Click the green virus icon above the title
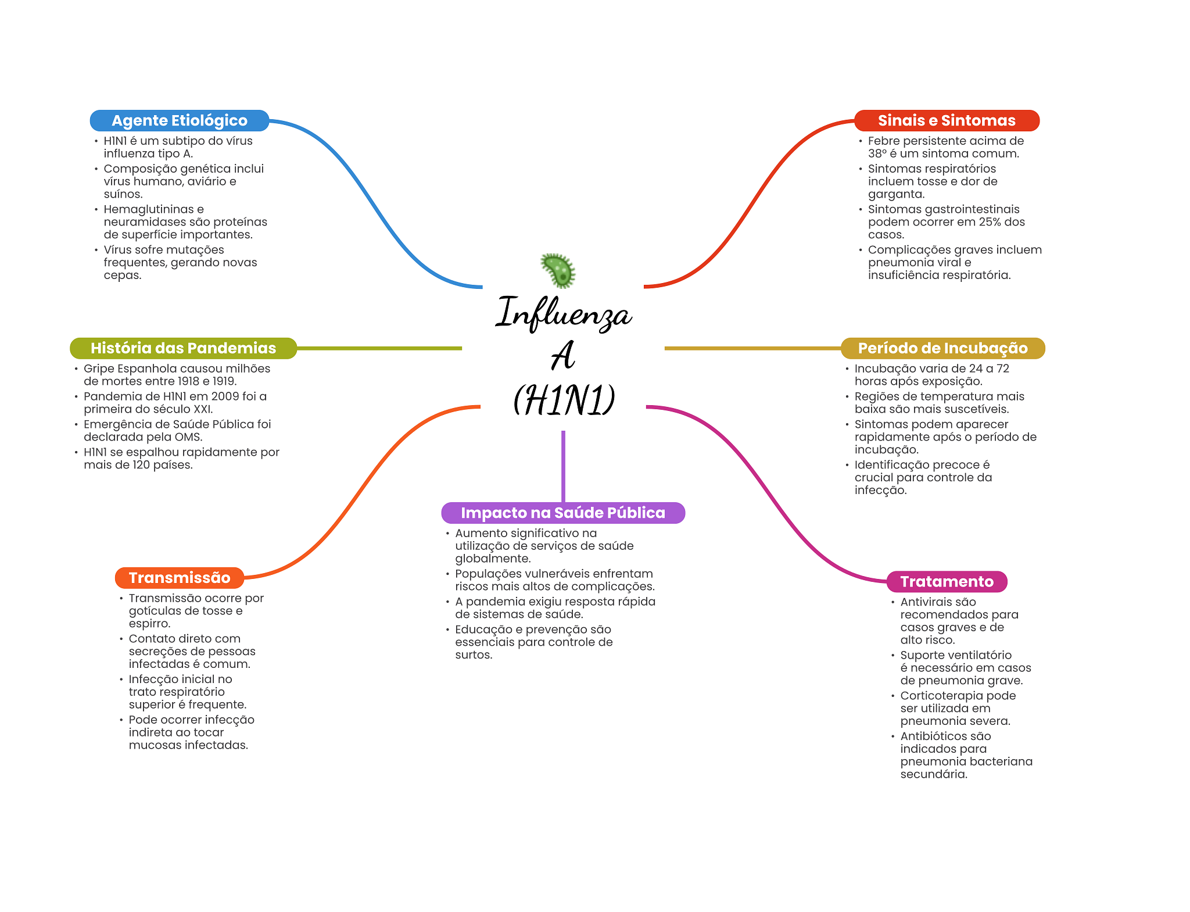(558, 270)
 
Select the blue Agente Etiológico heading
(180, 120)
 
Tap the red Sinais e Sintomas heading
(947, 120)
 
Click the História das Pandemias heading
(183, 348)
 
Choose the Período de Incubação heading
(942, 348)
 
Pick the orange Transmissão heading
(180, 578)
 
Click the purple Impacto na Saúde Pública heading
(563, 513)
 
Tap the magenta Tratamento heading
(947, 581)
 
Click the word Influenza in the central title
(563, 314)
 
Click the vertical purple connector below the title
(563, 465)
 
